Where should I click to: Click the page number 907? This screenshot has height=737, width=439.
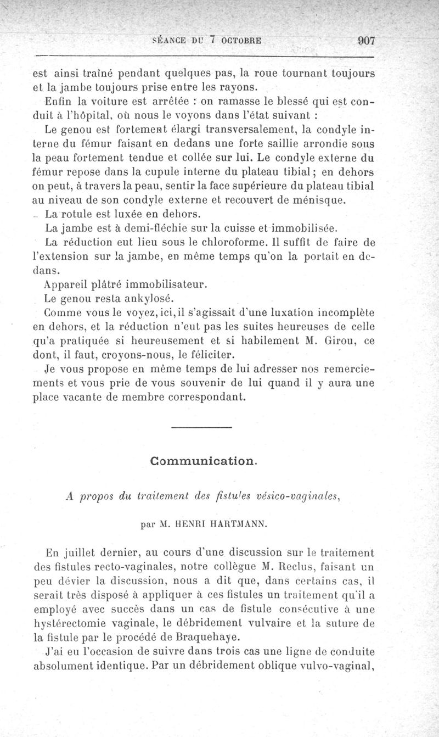click(365, 40)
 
